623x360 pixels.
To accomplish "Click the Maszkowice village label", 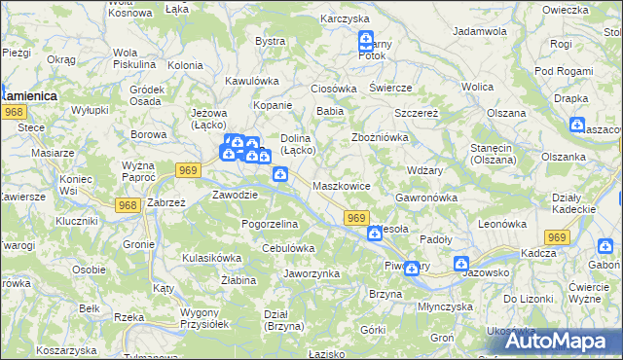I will [x=341, y=185].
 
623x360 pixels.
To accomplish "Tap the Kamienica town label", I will [x=29, y=96].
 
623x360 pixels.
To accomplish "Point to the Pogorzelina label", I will [x=270, y=224].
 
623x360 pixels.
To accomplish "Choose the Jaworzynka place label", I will [x=311, y=273].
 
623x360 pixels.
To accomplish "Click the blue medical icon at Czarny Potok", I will [x=366, y=41].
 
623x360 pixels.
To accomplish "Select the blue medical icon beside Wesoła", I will [x=375, y=233].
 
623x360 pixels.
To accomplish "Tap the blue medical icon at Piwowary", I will [x=412, y=269].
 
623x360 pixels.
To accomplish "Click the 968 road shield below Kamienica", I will [x=13, y=113].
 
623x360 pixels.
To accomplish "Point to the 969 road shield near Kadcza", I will [x=557, y=237].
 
